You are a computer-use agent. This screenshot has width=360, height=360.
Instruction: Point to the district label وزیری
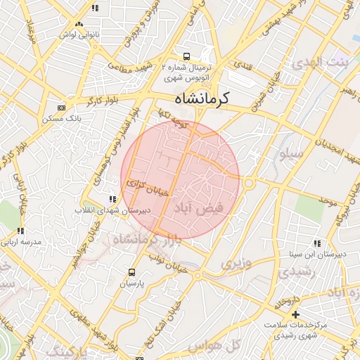[x=236, y=264]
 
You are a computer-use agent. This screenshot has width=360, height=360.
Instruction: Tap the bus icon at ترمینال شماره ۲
[x=186, y=56]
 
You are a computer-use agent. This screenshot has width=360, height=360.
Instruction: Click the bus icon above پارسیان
[x=131, y=272]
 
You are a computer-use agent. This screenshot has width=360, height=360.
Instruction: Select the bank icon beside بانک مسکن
[x=61, y=108]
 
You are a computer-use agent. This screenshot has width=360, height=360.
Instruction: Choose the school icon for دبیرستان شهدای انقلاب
[x=112, y=200]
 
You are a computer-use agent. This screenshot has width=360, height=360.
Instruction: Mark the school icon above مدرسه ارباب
[x=20, y=231]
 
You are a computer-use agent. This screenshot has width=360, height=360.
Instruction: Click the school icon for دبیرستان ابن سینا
[x=316, y=243]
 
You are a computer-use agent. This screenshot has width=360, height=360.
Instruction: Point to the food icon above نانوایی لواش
[x=95, y=8]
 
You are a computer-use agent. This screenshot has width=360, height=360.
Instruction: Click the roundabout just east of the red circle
[x=249, y=184]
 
